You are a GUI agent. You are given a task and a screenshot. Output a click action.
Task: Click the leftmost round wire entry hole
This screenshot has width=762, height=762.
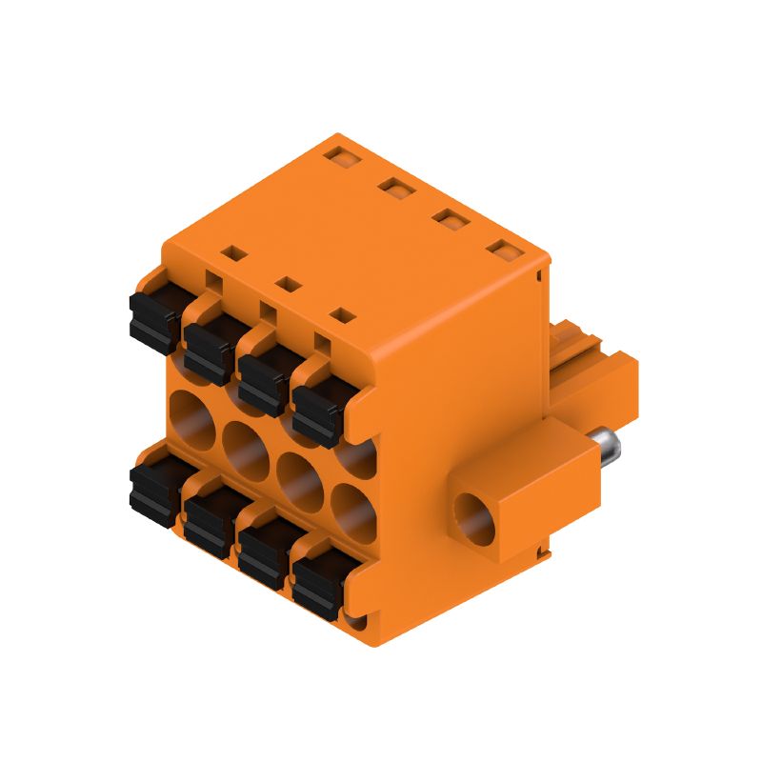pos(193,417)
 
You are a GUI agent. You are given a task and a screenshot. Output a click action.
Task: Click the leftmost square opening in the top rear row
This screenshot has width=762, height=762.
pos(338,151)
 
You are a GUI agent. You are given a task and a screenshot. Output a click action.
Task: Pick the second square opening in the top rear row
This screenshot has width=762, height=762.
pos(392,185)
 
